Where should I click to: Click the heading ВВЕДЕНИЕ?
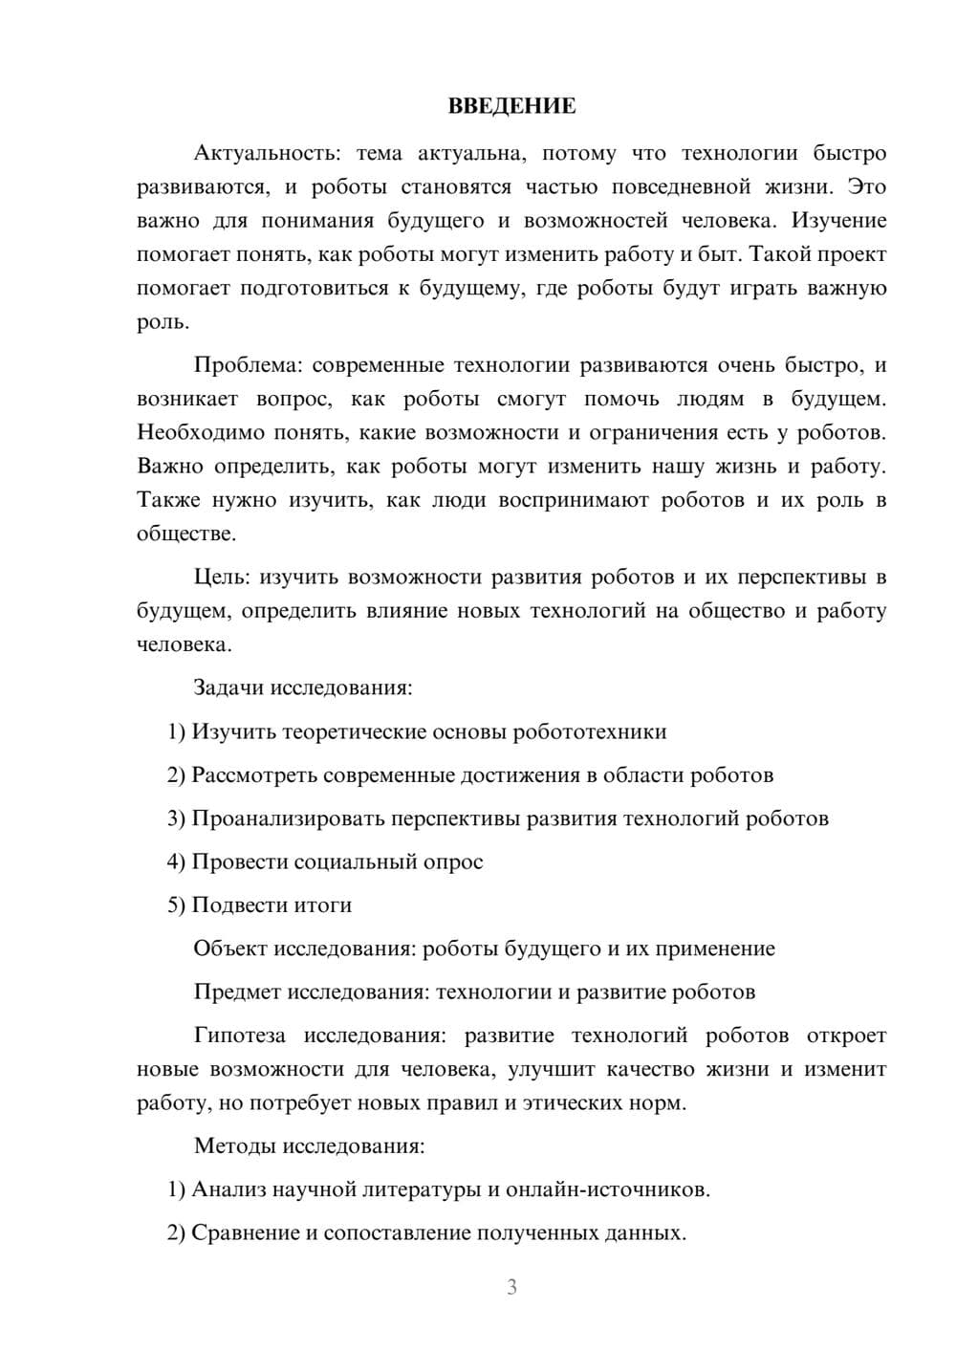511,106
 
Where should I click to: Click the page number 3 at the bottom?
511,1287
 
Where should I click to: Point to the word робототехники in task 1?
590,731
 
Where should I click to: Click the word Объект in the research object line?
230,949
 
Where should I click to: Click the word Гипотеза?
238,1036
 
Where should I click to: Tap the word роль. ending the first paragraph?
163,322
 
